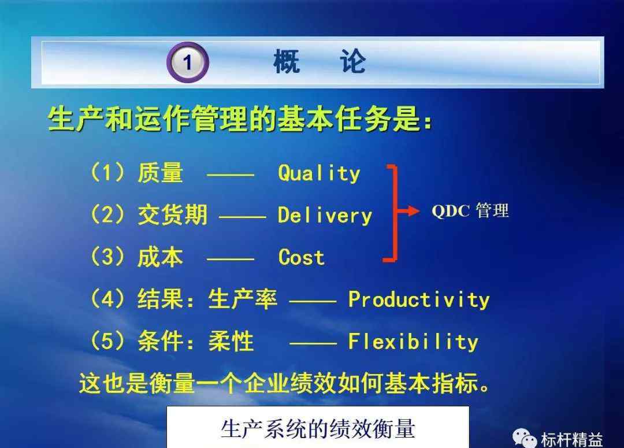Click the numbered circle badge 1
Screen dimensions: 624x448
point(187,62)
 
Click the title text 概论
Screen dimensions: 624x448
point(319,61)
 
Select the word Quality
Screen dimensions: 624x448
point(319,173)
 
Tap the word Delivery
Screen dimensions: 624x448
point(325,216)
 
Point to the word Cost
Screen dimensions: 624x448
point(301,257)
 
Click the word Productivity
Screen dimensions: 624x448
point(419,299)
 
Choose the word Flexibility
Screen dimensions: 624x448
point(413,342)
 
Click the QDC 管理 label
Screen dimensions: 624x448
point(470,210)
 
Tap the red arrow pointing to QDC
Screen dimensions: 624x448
point(408,211)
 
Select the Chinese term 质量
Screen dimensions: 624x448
point(161,173)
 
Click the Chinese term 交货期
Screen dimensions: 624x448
point(172,215)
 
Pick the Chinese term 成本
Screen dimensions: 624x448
point(161,257)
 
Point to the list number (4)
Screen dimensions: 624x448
point(108,299)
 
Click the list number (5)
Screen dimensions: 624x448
point(108,341)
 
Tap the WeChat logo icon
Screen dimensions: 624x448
point(525,438)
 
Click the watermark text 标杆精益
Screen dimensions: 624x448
point(572,440)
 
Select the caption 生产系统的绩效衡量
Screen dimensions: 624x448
point(318,429)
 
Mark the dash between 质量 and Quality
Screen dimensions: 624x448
point(231,175)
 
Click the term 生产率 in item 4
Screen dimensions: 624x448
point(242,299)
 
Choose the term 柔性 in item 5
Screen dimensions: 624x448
point(231,341)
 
